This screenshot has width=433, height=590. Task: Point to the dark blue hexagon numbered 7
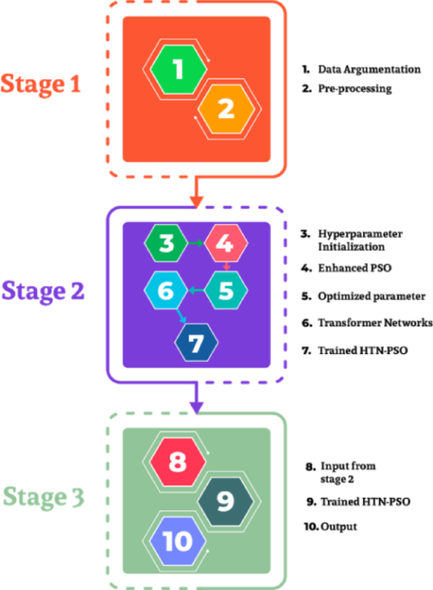[x=196, y=344]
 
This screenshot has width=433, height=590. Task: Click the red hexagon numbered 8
[x=178, y=462]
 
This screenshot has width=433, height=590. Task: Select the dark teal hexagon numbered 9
[x=227, y=500]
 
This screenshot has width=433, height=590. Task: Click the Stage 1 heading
[x=43, y=84]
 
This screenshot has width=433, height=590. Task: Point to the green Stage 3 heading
[x=43, y=497]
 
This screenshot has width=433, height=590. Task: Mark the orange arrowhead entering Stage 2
[x=197, y=202]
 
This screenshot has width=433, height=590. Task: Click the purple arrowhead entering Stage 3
[x=197, y=407]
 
